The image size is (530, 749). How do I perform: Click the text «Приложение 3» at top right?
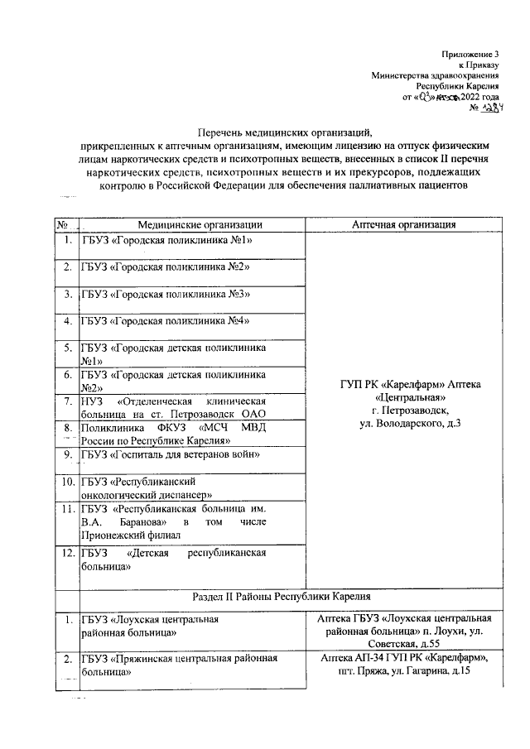click(x=472, y=52)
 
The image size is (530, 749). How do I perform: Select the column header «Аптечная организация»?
click(x=403, y=224)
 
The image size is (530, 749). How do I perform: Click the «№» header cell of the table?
click(x=62, y=224)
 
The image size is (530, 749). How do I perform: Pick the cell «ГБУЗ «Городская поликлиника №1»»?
click(x=166, y=240)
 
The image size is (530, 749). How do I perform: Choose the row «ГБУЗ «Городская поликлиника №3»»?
click(x=166, y=294)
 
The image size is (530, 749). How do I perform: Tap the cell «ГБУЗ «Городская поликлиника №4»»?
click(x=166, y=320)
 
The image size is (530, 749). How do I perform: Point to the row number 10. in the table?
click(x=65, y=481)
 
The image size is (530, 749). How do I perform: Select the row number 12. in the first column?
click(x=65, y=552)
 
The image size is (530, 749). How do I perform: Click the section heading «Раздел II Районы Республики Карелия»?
click(x=277, y=596)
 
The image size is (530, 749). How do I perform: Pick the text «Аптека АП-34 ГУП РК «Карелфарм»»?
click(x=404, y=658)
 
